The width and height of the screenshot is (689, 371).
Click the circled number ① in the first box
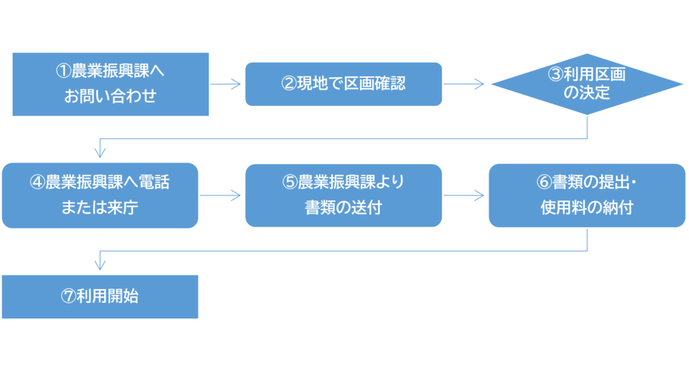(x=63, y=71)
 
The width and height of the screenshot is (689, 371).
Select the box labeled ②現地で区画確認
(x=343, y=84)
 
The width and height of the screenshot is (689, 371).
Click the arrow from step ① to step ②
(x=227, y=84)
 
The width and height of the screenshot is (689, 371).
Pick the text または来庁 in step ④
(x=100, y=209)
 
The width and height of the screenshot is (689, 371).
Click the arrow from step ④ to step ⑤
(x=221, y=195)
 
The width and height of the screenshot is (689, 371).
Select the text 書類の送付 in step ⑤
(x=343, y=209)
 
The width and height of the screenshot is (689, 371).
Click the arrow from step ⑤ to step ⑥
(x=464, y=195)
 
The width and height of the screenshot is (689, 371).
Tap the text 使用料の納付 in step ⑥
(x=587, y=209)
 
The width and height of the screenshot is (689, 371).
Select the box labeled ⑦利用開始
(x=101, y=297)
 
